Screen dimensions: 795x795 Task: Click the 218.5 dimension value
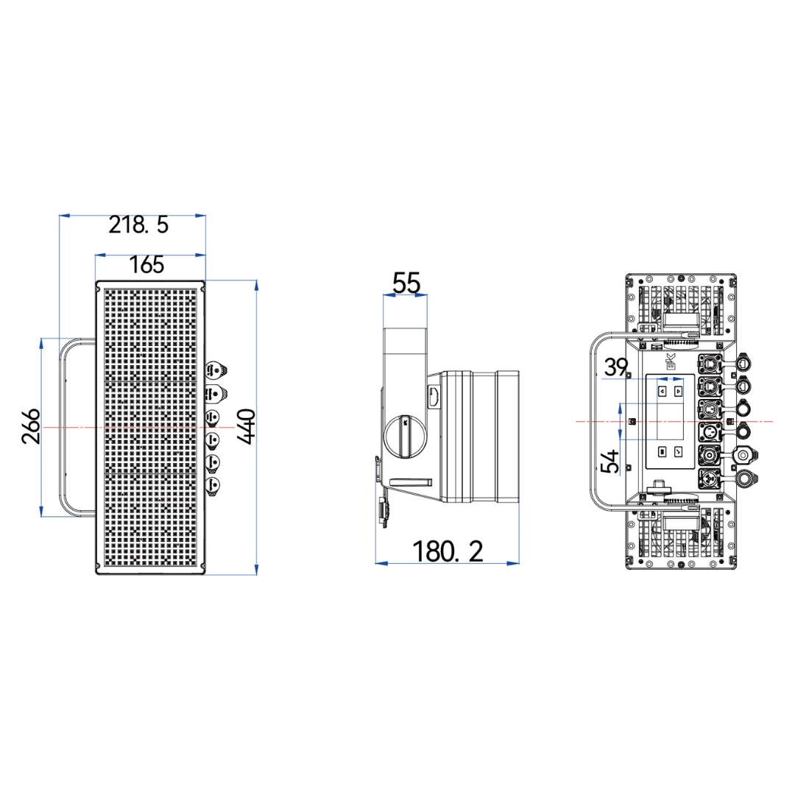pos(138,225)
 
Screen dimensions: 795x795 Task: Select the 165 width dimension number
pos(146,265)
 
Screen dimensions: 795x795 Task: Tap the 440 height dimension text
pos(247,427)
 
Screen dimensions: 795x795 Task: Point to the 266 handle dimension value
pos(31,426)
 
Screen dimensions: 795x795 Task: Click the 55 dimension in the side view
pos(406,283)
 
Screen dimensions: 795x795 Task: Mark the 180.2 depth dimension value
pos(448,551)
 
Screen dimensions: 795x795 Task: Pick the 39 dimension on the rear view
pos(616,367)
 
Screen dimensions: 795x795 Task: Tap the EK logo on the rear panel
pos(671,361)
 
